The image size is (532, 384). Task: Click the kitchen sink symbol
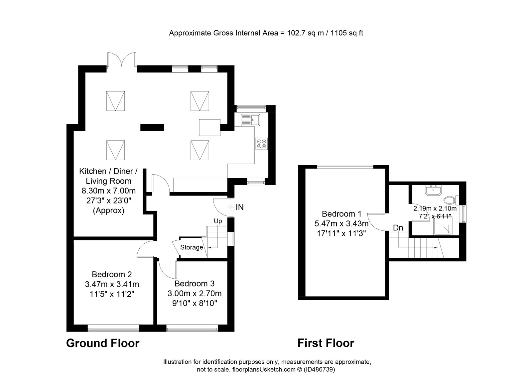click(x=250, y=120)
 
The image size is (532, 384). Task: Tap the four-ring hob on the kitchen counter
click(x=261, y=144)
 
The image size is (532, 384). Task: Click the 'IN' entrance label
click(x=240, y=207)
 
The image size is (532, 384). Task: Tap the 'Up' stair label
click(x=218, y=221)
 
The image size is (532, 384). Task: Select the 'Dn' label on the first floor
click(x=398, y=228)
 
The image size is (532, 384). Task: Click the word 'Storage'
click(x=192, y=247)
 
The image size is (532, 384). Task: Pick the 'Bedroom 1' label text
click(x=341, y=214)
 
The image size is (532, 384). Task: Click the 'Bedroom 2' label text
click(x=112, y=274)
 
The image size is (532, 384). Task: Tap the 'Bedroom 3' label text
click(x=194, y=284)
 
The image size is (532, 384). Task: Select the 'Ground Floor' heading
click(x=103, y=343)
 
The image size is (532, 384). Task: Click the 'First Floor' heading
click(x=326, y=343)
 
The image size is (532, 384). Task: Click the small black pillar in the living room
click(x=152, y=127)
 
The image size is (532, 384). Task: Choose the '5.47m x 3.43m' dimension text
click(x=341, y=223)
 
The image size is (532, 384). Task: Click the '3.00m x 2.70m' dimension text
click(x=195, y=294)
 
